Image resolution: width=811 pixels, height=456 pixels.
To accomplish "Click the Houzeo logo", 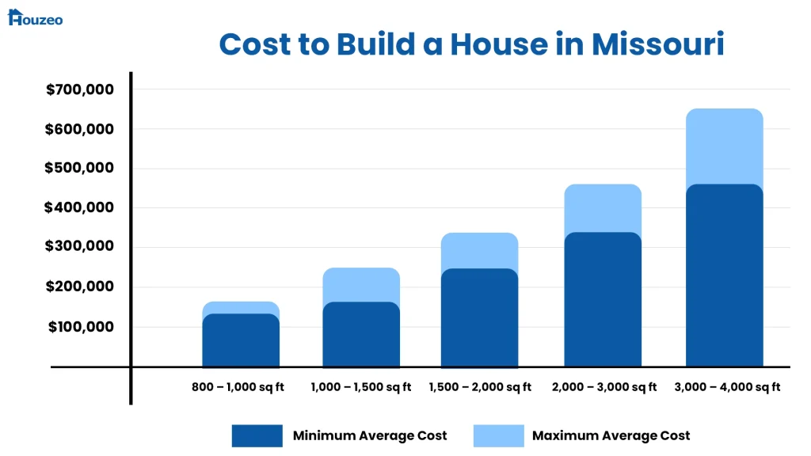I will coord(35,17).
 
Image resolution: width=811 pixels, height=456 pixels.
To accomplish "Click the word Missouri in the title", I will coord(657,44).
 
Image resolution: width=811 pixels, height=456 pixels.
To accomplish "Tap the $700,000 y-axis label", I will coord(80,89).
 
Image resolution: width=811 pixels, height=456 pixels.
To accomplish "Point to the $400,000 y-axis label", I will coord(80,208).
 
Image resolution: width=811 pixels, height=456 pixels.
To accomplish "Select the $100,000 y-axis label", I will coord(82,327).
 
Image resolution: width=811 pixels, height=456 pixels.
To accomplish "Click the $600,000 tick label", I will coord(80,129).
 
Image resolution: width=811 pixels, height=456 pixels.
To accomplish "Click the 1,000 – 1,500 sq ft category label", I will coord(361,387).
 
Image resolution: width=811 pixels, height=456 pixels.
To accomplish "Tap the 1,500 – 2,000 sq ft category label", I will coord(480,387).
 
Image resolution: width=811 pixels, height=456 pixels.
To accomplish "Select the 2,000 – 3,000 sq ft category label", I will coord(604,387).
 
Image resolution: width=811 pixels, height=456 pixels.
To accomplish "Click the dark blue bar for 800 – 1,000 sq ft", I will coord(241,341).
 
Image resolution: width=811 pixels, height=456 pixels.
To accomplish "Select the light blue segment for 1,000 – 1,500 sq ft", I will coord(361,284).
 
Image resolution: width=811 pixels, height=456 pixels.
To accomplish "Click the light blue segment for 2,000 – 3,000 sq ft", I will coord(603,207).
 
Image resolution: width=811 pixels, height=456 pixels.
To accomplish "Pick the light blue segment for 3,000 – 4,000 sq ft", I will coord(725,146).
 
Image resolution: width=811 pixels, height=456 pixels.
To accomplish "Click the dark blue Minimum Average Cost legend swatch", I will coord(257,435).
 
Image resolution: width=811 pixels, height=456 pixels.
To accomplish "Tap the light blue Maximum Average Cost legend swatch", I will coord(498,435).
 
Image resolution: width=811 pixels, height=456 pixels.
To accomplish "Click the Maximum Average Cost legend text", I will coord(611,435).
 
